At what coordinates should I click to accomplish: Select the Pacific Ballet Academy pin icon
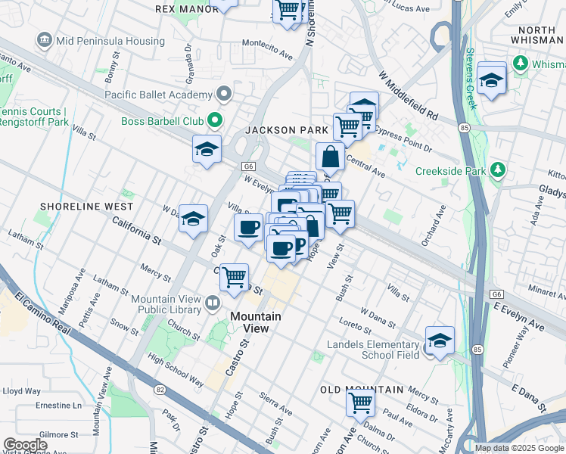click(224, 95)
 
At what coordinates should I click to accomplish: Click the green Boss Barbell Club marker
click(214, 120)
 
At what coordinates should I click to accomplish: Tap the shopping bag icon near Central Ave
click(330, 158)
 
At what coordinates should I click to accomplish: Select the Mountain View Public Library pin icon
click(214, 304)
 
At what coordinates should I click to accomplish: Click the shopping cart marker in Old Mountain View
click(361, 402)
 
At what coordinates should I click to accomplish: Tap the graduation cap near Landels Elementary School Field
click(440, 340)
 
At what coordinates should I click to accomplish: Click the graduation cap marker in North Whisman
click(491, 79)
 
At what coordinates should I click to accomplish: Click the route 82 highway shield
click(160, 390)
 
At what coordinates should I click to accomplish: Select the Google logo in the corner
click(25, 445)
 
